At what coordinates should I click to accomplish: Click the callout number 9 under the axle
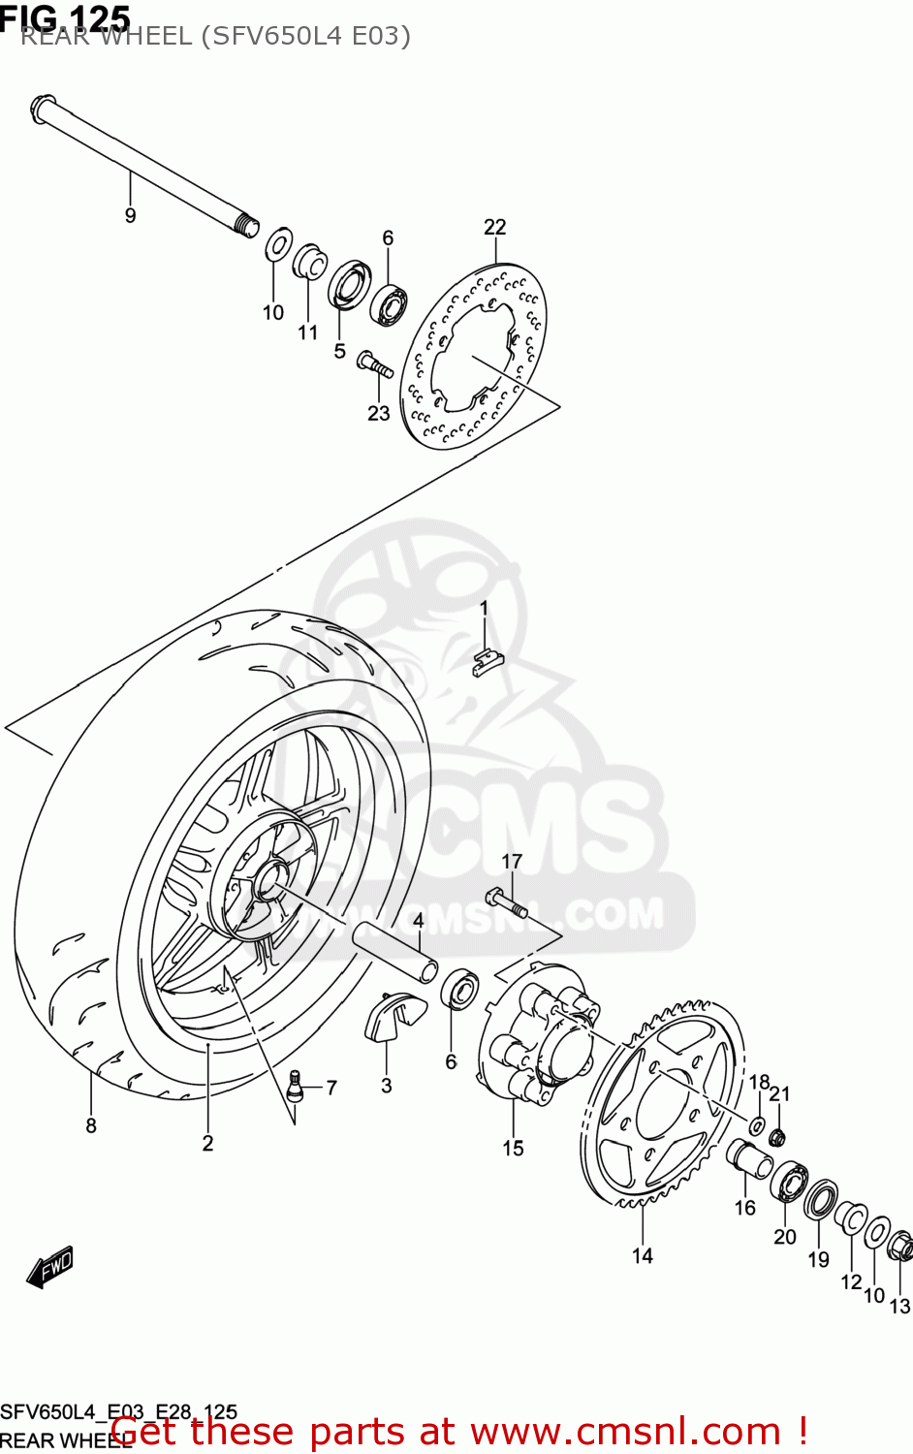pos(131,215)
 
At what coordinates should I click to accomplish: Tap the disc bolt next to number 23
pos(374,364)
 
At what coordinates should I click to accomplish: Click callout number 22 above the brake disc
pos(494,227)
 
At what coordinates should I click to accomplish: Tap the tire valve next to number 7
pos(298,1084)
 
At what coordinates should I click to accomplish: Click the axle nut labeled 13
pos(899,1246)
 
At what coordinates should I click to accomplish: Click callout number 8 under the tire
pos(91,1125)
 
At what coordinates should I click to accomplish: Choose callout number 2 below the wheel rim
pos(207,1144)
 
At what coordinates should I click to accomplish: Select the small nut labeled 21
pos(777,1135)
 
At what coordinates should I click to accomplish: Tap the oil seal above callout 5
pos(346,283)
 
